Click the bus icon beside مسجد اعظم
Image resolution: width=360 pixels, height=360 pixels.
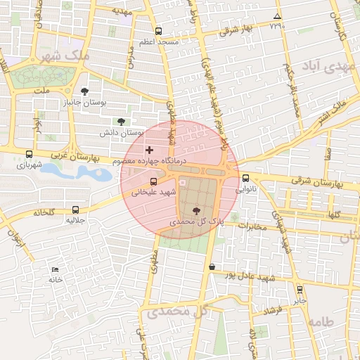tap(158, 32)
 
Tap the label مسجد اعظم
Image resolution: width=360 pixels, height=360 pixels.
tap(158, 43)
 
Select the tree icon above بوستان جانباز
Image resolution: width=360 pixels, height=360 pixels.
tap(85, 91)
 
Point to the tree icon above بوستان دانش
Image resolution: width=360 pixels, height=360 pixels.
tap(121, 122)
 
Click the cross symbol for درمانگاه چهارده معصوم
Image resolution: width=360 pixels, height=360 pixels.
tap(148, 150)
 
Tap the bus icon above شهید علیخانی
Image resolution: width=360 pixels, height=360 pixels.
tap(153, 181)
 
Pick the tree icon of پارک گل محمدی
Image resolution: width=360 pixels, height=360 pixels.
tap(196, 211)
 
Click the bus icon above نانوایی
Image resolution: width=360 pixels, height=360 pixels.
tap(245, 179)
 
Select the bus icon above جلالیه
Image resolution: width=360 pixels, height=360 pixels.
tap(75, 210)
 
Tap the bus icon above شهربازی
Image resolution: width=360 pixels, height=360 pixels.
tap(29, 155)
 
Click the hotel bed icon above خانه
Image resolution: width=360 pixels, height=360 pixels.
tap(56, 270)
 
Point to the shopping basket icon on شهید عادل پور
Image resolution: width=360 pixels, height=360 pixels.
tap(212, 266)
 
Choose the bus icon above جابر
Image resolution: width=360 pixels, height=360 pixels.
tap(300, 290)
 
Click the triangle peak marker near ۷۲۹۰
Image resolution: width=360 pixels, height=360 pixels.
tap(277, 17)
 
